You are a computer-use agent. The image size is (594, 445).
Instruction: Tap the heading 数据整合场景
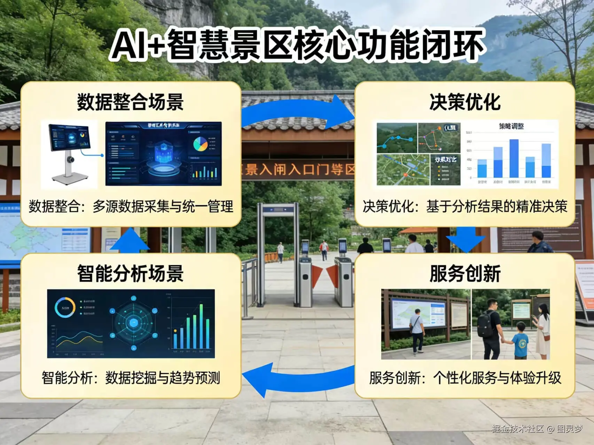click(x=130, y=102)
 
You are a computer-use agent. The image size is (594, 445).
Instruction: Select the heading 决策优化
click(x=465, y=102)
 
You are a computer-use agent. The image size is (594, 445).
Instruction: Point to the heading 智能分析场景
click(x=130, y=273)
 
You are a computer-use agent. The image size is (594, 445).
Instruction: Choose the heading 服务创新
click(x=465, y=273)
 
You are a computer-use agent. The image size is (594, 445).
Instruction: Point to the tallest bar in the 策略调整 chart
click(x=514, y=158)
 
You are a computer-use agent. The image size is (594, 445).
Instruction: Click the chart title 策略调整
click(x=511, y=126)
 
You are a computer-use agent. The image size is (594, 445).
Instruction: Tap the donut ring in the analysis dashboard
click(x=65, y=308)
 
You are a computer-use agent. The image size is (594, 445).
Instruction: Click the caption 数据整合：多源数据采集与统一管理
click(x=131, y=207)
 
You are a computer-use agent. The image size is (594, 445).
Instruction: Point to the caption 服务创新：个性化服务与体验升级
click(x=465, y=378)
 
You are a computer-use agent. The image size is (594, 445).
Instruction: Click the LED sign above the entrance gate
click(x=298, y=169)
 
